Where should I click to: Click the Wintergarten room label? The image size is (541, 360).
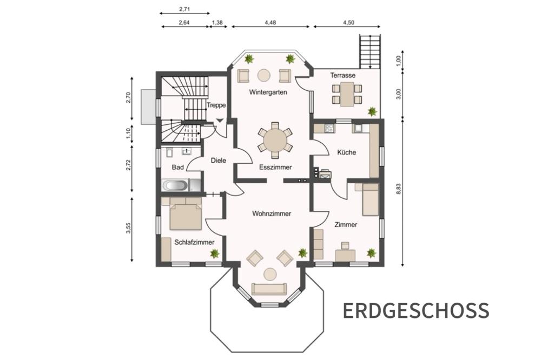pyautogui.click(x=268, y=92)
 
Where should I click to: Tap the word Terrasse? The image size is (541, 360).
pyautogui.click(x=342, y=75)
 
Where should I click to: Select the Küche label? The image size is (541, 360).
pyautogui.click(x=346, y=152)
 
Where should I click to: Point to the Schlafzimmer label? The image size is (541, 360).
pyautogui.click(x=194, y=242)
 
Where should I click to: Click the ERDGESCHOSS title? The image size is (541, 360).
pyautogui.click(x=415, y=310)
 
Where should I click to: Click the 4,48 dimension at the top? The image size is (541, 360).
pyautogui.click(x=270, y=23)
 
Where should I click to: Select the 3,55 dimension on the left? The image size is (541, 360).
pyautogui.click(x=128, y=229)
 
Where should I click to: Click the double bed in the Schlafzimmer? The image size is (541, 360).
pyautogui.click(x=186, y=216)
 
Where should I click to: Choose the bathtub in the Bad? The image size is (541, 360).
pyautogui.click(x=175, y=185)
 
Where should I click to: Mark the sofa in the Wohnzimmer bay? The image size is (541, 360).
pyautogui.click(x=269, y=289)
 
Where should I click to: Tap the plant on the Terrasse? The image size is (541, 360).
pyautogui.click(x=372, y=111)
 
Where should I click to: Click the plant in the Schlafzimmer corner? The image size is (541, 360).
pyautogui.click(x=215, y=254)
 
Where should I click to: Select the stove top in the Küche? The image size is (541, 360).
pyautogui.click(x=329, y=128)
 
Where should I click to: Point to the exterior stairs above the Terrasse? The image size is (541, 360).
pyautogui.click(x=370, y=52)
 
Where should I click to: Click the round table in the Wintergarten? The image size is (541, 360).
pyautogui.click(x=265, y=76)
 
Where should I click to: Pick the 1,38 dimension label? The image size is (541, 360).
pyautogui.click(x=217, y=23)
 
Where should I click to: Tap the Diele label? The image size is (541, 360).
pyautogui.click(x=219, y=161)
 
